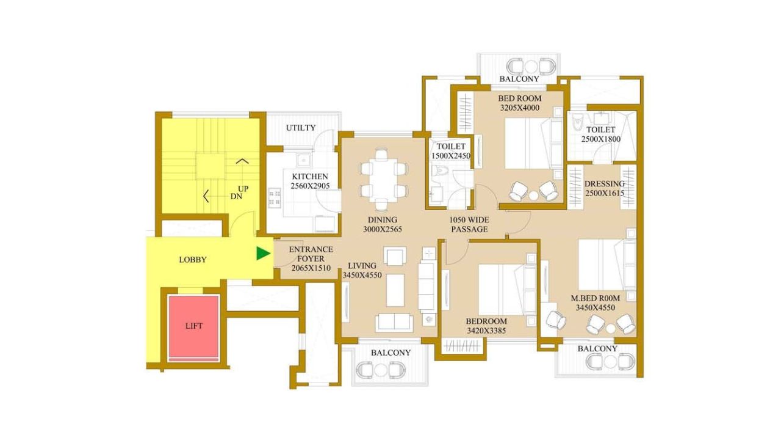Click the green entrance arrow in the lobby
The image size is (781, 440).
click(x=263, y=253)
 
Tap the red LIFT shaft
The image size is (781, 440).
click(x=193, y=326)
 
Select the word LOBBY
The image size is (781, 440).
click(x=193, y=260)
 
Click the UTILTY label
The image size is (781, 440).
click(x=301, y=128)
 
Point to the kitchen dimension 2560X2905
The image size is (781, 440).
click(x=310, y=186)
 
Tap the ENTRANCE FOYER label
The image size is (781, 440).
click(x=311, y=254)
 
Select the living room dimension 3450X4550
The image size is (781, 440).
click(x=362, y=275)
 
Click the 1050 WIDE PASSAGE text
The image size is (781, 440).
click(x=469, y=224)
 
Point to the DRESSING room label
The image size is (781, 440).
click(x=605, y=184)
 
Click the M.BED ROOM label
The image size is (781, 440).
click(x=595, y=298)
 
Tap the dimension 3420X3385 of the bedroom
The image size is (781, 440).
click(x=486, y=331)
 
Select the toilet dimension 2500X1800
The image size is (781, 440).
click(x=601, y=139)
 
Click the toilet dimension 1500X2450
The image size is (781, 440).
click(x=451, y=156)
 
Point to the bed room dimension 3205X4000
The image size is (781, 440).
click(x=519, y=108)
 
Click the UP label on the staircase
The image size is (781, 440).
click(x=243, y=189)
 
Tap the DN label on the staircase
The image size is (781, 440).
click(x=236, y=197)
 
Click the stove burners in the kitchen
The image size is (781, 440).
click(x=275, y=197)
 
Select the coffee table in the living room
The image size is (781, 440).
click(x=395, y=290)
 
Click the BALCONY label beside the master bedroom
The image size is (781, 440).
click(x=597, y=348)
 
